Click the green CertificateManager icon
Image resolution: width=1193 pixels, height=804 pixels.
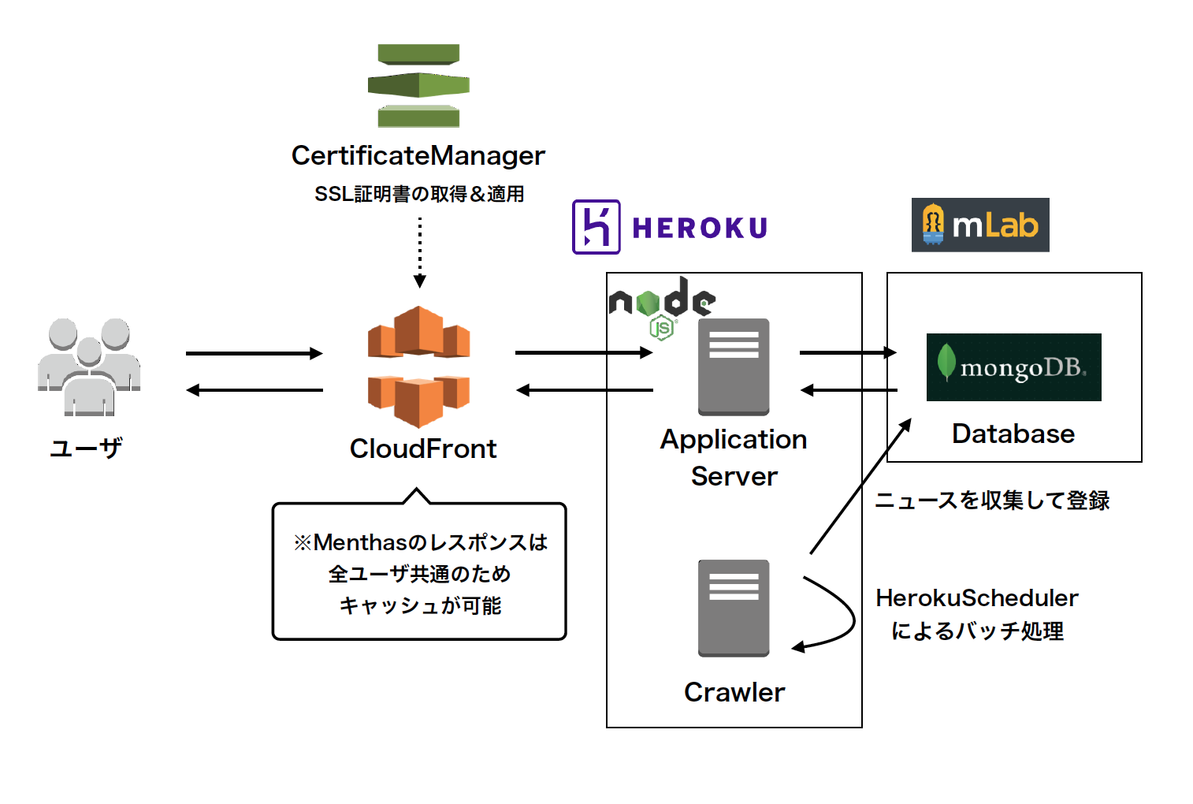tap(418, 86)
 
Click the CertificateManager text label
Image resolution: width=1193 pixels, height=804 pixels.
tap(418, 155)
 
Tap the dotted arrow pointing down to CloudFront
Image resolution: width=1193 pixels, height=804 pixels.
tap(419, 252)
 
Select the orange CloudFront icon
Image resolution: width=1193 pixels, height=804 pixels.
tap(418, 367)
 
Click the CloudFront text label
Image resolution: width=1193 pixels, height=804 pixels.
tap(423, 449)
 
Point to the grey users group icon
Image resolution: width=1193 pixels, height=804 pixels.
tap(89, 366)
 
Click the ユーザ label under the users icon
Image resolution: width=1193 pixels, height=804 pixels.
tap(86, 448)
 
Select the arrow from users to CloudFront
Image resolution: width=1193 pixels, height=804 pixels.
tap(254, 353)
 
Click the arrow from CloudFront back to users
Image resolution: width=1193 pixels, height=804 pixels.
tap(254, 390)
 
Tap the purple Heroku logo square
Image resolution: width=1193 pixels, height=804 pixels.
tap(596, 227)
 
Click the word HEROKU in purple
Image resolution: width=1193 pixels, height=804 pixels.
tap(700, 228)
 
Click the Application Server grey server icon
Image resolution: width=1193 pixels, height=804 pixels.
tap(733, 367)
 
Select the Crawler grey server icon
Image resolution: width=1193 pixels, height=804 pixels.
tap(733, 608)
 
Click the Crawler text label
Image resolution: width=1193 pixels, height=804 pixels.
tap(734, 692)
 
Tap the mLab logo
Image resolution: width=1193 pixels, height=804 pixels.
tap(979, 225)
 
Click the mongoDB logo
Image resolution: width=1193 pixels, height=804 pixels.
tap(1013, 367)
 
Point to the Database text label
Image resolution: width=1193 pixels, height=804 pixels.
tap(1013, 434)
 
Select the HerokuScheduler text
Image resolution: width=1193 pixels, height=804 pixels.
tap(976, 598)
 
